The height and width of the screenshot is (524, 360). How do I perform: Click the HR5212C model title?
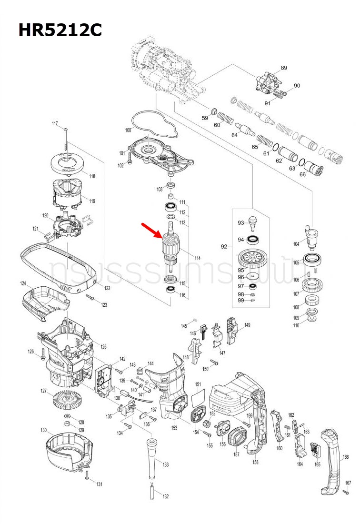tap(60, 30)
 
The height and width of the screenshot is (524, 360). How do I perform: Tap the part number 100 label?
tap(128, 130)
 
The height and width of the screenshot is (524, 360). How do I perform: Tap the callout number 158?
tap(255, 462)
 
